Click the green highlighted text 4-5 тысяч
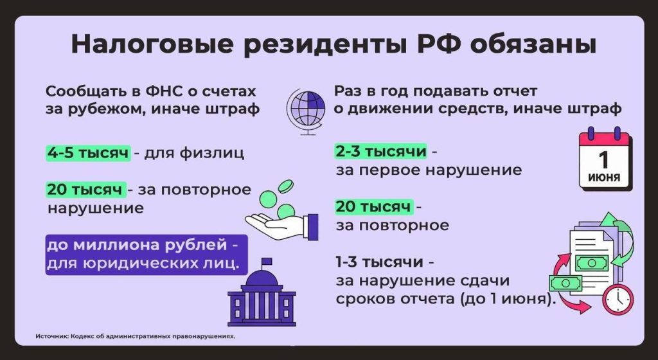pos(88,154)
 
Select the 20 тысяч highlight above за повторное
pos(373,207)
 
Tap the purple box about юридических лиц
pos(146,254)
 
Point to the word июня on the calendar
pos(604,177)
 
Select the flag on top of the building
pos(266,262)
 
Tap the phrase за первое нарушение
pos(429,170)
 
